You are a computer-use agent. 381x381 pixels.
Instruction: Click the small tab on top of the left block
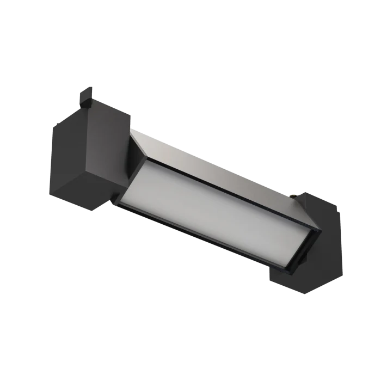click(87, 93)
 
